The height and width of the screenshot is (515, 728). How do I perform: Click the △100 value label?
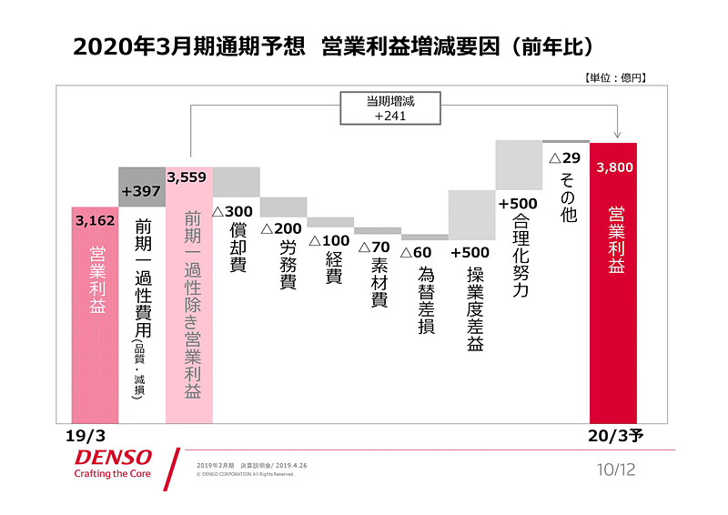pyautogui.click(x=329, y=241)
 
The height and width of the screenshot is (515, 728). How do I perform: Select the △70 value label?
pyautogui.click(x=374, y=247)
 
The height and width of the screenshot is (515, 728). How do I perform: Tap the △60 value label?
pyautogui.click(x=421, y=252)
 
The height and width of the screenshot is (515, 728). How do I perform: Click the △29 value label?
pyautogui.click(x=564, y=157)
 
